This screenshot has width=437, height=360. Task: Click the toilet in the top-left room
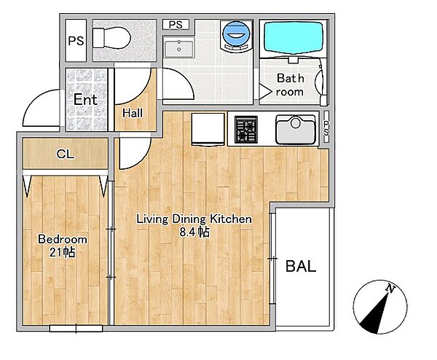pyautogui.click(x=111, y=38)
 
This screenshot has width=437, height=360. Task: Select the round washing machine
pyautogui.click(x=236, y=36)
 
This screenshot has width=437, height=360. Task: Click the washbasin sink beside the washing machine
pyautogui.click(x=179, y=49)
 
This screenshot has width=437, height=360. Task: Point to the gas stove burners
pyautogui.click(x=245, y=129)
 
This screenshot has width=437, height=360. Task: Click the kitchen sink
pyautogui.click(x=296, y=130)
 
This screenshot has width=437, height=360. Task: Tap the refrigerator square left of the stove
pyautogui.click(x=208, y=129)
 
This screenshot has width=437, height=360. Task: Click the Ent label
pyautogui.click(x=85, y=100)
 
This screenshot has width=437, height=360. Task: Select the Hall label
pyautogui.click(x=133, y=113)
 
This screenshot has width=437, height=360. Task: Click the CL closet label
pyautogui.click(x=66, y=154)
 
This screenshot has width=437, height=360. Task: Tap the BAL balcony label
pyautogui.click(x=301, y=266)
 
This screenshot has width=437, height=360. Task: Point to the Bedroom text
pyautogui.click(x=63, y=239)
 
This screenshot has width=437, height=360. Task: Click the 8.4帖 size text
pyautogui.click(x=194, y=232)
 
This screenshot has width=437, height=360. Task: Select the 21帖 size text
pyautogui.click(x=62, y=252)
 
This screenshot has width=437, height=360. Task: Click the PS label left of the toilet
pyautogui.click(x=76, y=41)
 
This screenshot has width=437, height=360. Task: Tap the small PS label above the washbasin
pyautogui.click(x=176, y=25)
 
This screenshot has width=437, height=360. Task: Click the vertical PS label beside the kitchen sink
pyautogui.click(x=326, y=128)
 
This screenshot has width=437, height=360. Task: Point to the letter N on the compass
pyautogui.click(x=390, y=289)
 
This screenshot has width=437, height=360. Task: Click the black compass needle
pyautogui.click(x=375, y=313)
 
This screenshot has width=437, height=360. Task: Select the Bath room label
pyautogui.click(x=290, y=85)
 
